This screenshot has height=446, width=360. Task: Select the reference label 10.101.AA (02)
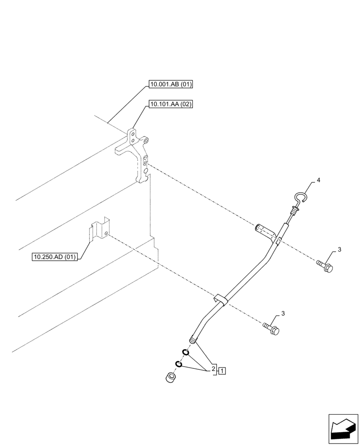(x=171, y=105)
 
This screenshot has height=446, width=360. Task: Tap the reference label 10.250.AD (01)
(x=55, y=257)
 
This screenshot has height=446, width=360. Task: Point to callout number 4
(x=318, y=180)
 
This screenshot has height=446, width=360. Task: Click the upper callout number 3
(x=339, y=249)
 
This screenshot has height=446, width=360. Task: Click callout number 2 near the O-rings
(x=213, y=369)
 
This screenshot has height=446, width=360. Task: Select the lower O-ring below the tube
(x=178, y=364)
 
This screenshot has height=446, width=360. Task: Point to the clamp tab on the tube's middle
(x=220, y=299)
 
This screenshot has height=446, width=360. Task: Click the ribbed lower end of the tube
(x=193, y=340)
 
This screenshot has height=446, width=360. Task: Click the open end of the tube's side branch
(x=257, y=228)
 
